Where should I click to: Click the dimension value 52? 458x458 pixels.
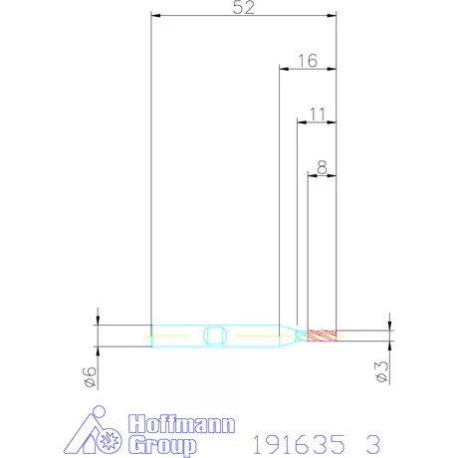[x=244, y=7]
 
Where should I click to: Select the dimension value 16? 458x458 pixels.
[x=308, y=61]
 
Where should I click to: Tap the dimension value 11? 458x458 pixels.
[x=318, y=114]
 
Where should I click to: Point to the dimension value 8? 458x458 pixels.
[x=322, y=167]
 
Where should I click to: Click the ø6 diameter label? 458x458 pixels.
[x=91, y=376]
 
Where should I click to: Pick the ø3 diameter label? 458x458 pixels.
[x=381, y=371]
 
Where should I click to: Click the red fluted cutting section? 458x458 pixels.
[x=322, y=336]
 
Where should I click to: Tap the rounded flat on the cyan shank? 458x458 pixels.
[x=215, y=336]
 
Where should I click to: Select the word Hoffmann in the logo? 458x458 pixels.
[x=182, y=424]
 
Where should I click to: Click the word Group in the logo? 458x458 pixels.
[x=162, y=445]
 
